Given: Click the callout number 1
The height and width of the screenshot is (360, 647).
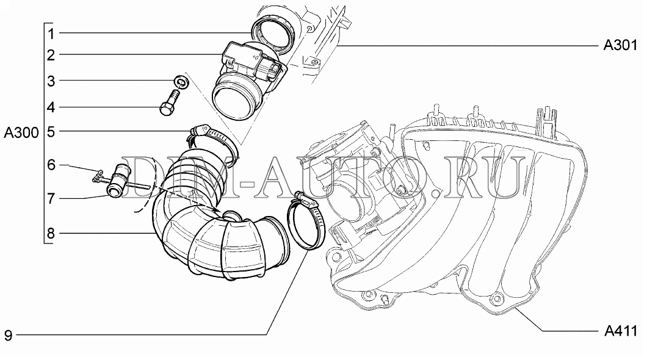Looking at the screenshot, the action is [51, 34].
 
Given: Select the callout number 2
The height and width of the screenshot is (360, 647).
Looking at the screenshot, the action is [51, 56].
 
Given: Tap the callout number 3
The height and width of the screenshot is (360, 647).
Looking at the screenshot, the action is [51, 81].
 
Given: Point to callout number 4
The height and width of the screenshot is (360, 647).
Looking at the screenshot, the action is [51, 107].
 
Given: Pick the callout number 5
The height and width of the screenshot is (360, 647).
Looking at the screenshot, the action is [51, 132].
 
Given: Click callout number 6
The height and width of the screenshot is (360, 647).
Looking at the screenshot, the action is [51, 165].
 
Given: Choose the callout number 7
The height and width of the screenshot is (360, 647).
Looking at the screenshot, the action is [51, 199].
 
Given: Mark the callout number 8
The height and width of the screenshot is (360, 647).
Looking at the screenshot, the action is [51, 234].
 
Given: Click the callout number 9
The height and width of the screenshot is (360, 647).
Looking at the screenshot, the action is [9, 335].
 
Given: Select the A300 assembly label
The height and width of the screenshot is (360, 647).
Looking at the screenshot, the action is [21, 133].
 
